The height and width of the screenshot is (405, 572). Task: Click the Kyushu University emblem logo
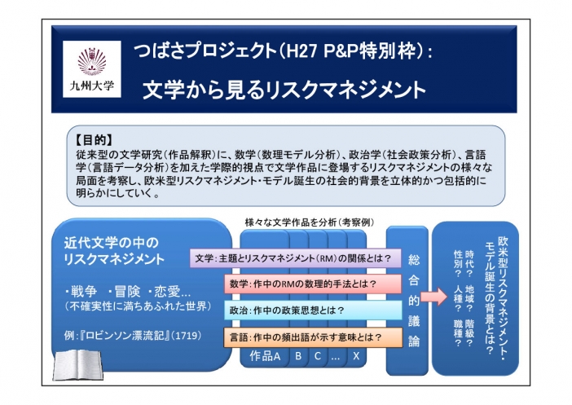[92, 61]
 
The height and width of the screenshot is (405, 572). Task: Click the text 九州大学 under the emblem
[92, 86]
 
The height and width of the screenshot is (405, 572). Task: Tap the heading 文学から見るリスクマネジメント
[284, 90]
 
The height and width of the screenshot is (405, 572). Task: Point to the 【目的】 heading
[95, 139]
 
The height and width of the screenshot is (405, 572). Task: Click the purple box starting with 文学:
[296, 258]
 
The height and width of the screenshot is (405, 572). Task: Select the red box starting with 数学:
[313, 284]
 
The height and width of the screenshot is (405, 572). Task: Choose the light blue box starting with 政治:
[313, 310]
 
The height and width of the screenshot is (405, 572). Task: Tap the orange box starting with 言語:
[313, 337]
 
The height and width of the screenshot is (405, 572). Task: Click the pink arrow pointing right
[433, 297]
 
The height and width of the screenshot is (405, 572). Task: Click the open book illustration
[77, 365]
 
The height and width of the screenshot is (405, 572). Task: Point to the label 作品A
[265, 356]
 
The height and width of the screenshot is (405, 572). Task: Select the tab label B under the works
[298, 356]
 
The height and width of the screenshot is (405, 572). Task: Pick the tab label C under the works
[318, 356]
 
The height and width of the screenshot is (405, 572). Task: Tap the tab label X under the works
[356, 356]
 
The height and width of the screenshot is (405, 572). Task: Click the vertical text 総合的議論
[414, 300]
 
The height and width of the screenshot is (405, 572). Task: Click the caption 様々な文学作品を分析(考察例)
[310, 222]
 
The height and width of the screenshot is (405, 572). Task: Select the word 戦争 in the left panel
[84, 292]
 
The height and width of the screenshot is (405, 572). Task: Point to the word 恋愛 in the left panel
[167, 292]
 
